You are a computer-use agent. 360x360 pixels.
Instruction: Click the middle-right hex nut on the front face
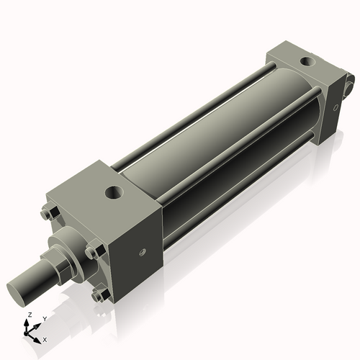pyautogui.click(x=91, y=251)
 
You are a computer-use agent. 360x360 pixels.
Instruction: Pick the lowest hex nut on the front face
pyautogui.click(x=100, y=294)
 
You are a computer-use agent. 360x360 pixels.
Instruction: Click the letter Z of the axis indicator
pyautogui.click(x=28, y=315)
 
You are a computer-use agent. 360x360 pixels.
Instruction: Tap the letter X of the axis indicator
pyautogui.click(x=45, y=338)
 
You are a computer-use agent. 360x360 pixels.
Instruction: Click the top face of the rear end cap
pyautogui.click(x=299, y=61)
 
